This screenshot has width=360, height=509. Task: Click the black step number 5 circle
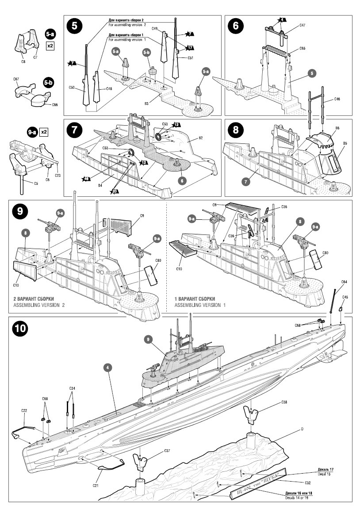pyautogui.click(x=74, y=26)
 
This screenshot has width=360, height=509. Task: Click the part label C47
pyautogui.click(x=302, y=26)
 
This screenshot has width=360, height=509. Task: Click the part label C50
pyautogui.click(x=72, y=88)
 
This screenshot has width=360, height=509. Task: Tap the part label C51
pyautogui.click(x=190, y=58)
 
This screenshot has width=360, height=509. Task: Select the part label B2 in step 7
pyautogui.click(x=200, y=138)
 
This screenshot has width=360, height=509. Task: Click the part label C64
pyautogui.click(x=344, y=282)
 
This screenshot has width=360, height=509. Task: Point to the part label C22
pyautogui.click(x=24, y=411)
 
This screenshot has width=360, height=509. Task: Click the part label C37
pyautogui.click(x=167, y=451)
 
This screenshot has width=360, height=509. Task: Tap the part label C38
pyautogui.click(x=284, y=402)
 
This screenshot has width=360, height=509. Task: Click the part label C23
pyautogui.click(x=58, y=175)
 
